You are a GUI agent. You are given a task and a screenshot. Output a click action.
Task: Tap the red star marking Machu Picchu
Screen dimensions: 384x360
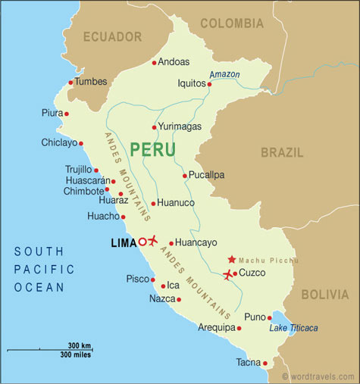pyautogui.click(x=231, y=259)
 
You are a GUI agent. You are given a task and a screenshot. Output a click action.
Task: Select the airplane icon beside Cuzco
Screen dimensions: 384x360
pyautogui.click(x=228, y=274)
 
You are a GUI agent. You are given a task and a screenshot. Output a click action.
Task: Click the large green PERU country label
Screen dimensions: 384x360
pyautogui.click(x=152, y=149)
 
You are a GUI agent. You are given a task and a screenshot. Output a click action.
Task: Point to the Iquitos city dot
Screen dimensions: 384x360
pyautogui.click(x=210, y=83)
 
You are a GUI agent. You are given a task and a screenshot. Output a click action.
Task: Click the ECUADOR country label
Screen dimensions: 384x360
pyautogui.click(x=112, y=36)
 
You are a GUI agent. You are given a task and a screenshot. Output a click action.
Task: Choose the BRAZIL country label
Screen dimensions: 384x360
pyautogui.click(x=282, y=152)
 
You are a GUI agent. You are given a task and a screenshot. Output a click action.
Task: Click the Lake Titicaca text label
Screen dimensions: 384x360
pyautogui.click(x=294, y=328)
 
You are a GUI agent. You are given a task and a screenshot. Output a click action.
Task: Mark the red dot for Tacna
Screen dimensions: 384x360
pyautogui.click(x=265, y=363)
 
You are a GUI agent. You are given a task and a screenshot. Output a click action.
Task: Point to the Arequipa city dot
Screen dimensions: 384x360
pyautogui.click(x=239, y=328)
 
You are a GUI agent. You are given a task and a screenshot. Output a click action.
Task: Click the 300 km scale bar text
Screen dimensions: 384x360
pyautogui.click(x=80, y=345)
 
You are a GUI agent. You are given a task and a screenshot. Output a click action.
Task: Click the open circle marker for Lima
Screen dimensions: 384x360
pyautogui.click(x=142, y=242)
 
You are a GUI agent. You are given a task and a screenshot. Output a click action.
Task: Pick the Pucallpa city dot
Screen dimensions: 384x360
pyautogui.click(x=185, y=175)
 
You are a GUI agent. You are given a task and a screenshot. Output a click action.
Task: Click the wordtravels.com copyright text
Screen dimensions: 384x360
pyautogui.click(x=318, y=376)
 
